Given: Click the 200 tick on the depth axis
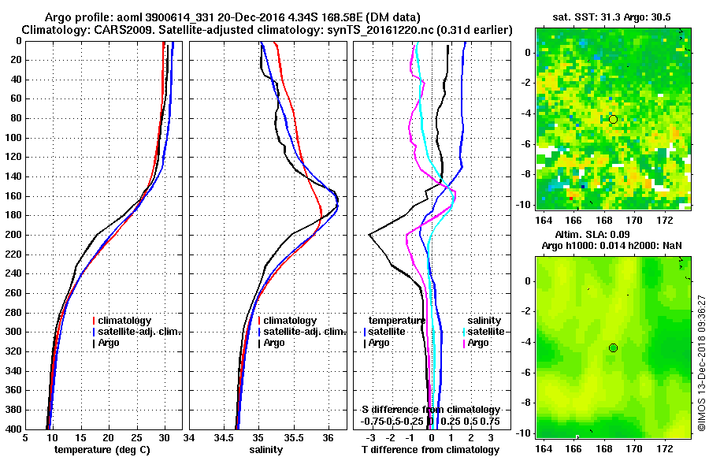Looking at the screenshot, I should [14, 235].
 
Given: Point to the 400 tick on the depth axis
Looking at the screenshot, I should [14, 429].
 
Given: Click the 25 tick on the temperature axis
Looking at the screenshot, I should [136, 438].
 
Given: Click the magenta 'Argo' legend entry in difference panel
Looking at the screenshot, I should [479, 344].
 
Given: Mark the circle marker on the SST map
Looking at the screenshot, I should [613, 119].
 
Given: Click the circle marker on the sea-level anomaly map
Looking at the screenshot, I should [613, 347].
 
